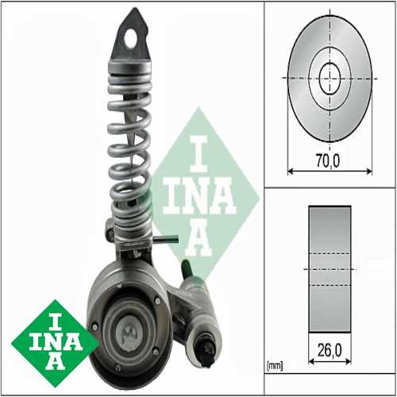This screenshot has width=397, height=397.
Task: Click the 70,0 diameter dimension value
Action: pyautogui.click(x=328, y=160)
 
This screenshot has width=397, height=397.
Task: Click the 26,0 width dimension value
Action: pyautogui.click(x=330, y=350)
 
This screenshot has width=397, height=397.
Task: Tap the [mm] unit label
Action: pyautogui.click(x=275, y=366)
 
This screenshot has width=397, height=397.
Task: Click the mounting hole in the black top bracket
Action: pyautogui.click(x=131, y=39)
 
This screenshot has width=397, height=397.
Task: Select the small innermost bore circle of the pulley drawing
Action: pyautogui.click(x=330, y=79)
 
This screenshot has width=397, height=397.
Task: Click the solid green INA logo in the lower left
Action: pyautogui.click(x=55, y=343)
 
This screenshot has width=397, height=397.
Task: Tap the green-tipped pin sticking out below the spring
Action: pyautogui.click(x=165, y=240)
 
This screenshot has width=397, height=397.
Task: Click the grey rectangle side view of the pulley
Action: pyautogui.click(x=330, y=269)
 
